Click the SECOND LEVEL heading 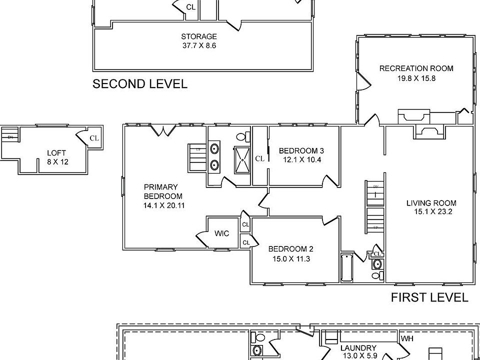140,84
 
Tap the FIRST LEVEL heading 429,298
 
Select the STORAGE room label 199,36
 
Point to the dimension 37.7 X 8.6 199,45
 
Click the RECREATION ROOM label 416,68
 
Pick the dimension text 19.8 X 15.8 416,78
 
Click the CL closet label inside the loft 94,138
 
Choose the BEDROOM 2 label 290,249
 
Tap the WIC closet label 222,233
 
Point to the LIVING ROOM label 431,203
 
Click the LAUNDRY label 358,348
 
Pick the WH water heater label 407,338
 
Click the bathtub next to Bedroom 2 347,267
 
